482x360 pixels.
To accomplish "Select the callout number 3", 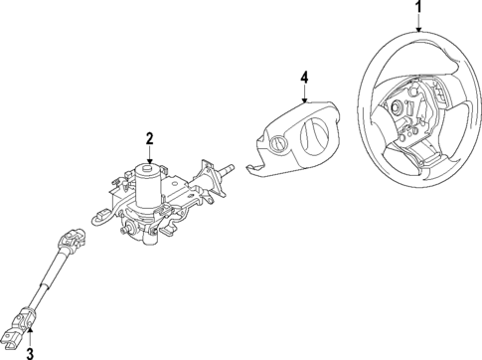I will point(29,352).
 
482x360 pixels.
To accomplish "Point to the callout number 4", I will point(305,76).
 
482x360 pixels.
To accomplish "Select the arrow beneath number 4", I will point(305,91).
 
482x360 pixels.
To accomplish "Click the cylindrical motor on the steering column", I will point(148,187).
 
